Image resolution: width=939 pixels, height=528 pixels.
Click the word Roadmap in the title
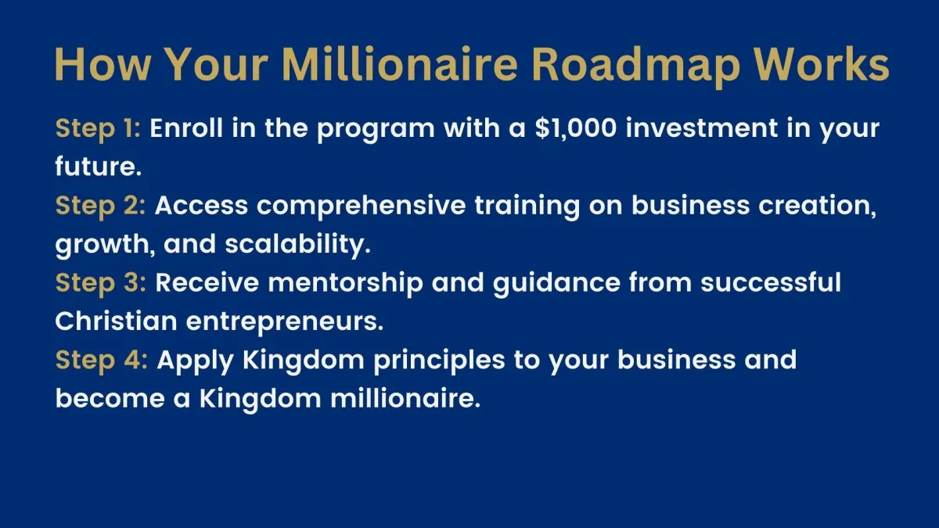pos(635,66)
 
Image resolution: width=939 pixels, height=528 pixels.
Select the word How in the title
pos(103,64)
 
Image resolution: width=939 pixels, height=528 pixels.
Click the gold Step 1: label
pos(98,128)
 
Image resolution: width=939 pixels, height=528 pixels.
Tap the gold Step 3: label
pos(101,283)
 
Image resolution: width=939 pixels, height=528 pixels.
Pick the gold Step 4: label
pos(102,361)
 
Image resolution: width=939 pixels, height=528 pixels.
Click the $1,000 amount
pos(576,128)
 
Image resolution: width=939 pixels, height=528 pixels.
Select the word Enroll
pos(186,128)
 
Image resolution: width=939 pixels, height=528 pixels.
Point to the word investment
pos(701,128)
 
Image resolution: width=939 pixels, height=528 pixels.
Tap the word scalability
pos(297,245)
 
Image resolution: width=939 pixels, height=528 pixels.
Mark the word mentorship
pos(345,283)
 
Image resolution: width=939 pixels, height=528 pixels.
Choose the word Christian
pos(116,321)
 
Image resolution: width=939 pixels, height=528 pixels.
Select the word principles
pos(439,361)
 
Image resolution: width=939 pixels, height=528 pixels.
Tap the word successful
pos(771,282)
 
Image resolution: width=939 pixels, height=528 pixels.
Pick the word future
pos(98,167)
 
